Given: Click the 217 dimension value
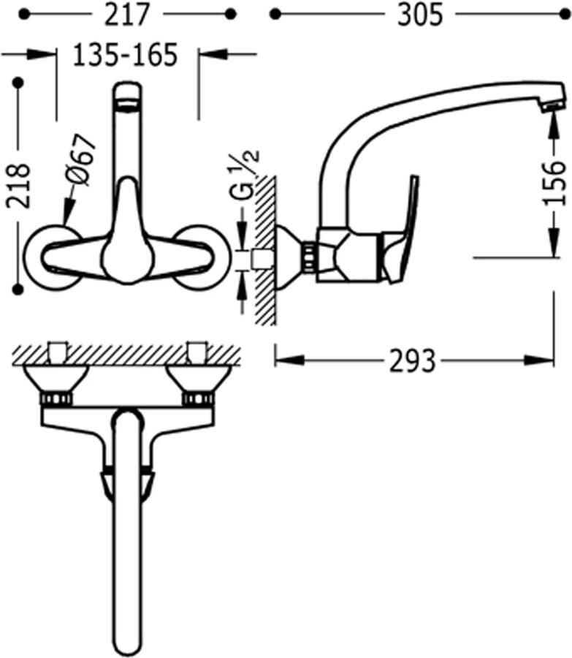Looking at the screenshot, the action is [x=126, y=15].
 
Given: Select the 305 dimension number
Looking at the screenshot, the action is [x=420, y=15].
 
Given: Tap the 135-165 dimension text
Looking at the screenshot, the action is [x=126, y=55].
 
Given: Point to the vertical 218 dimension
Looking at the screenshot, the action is [x=19, y=186].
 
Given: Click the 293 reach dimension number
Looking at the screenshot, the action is [x=413, y=361].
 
